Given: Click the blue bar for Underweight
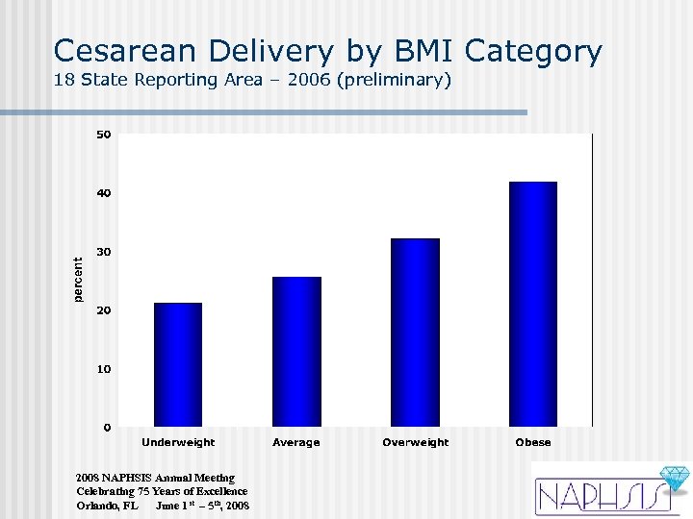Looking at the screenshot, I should tap(178, 364).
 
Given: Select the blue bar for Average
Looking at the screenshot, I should tap(296, 352).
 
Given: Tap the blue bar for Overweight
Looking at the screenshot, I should tap(415, 333).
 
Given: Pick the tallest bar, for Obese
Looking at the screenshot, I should tap(533, 304).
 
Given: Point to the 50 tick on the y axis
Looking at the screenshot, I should tap(103, 135).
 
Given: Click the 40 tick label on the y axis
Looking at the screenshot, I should tap(103, 193).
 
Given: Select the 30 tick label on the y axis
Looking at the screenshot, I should tap(103, 252).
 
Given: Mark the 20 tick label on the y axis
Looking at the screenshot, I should tap(103, 310).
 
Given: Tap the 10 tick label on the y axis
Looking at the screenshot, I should tap(103, 369).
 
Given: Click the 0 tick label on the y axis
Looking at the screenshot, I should tap(107, 427).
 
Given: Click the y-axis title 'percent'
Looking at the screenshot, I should tap(78, 280).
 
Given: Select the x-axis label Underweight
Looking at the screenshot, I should tap(178, 442).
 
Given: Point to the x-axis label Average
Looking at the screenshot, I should tap(296, 442).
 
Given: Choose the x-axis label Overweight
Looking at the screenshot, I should tap(415, 442).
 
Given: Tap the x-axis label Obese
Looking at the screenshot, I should tap(533, 442).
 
